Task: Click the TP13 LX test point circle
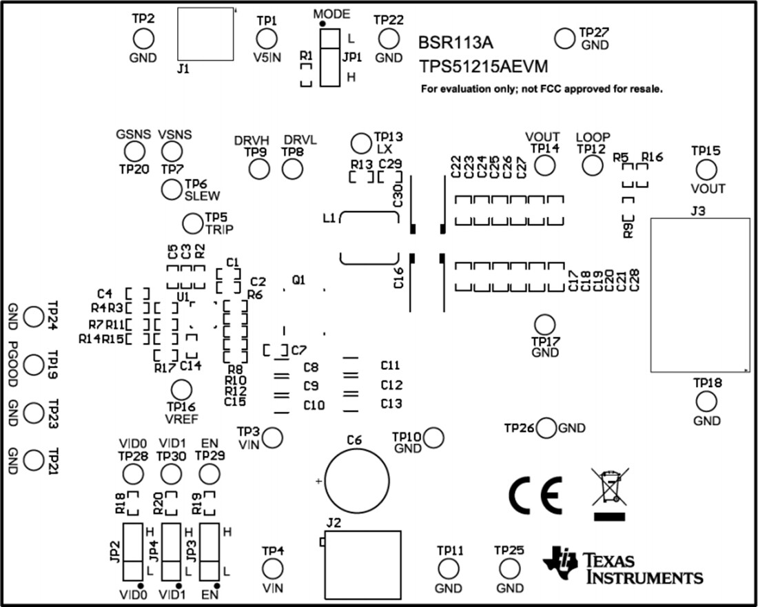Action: click(x=360, y=143)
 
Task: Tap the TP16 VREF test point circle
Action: click(x=181, y=390)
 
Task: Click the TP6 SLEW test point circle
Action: click(x=172, y=189)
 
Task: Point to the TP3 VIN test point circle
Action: click(x=273, y=436)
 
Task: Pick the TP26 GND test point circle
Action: click(x=546, y=428)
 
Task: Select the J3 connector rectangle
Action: click(x=700, y=295)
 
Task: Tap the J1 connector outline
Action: click(x=206, y=34)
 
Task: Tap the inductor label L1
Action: click(x=329, y=219)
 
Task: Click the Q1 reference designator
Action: click(x=298, y=280)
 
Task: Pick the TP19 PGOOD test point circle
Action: click(x=33, y=363)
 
